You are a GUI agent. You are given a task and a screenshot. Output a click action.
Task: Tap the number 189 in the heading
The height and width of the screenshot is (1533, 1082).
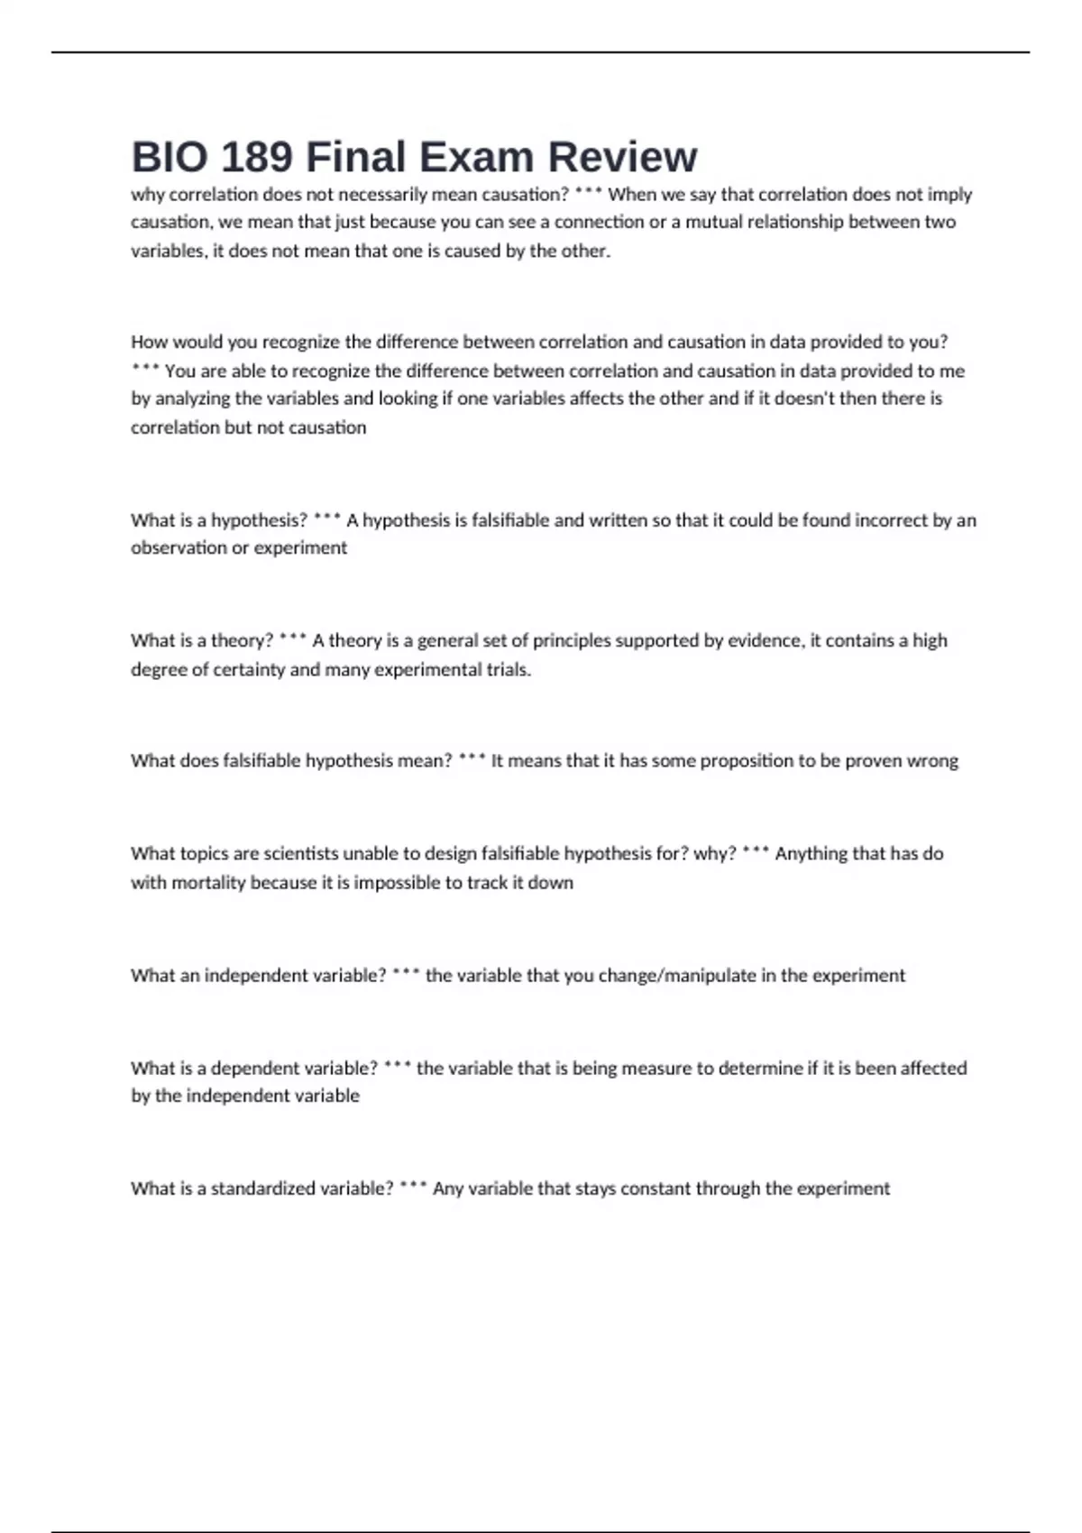[256, 157]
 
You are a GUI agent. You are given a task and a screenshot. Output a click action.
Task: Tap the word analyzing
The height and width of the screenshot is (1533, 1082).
[195, 399]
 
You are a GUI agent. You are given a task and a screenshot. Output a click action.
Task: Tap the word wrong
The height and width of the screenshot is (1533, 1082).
[932, 761]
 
